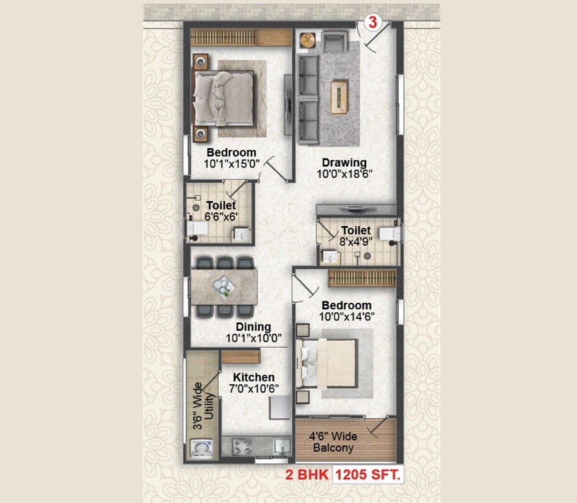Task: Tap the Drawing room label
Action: [344, 163]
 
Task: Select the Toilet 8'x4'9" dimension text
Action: [356, 242]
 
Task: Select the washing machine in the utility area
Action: [199, 447]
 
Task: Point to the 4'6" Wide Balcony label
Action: [333, 442]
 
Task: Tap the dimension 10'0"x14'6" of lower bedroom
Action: [347, 316]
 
